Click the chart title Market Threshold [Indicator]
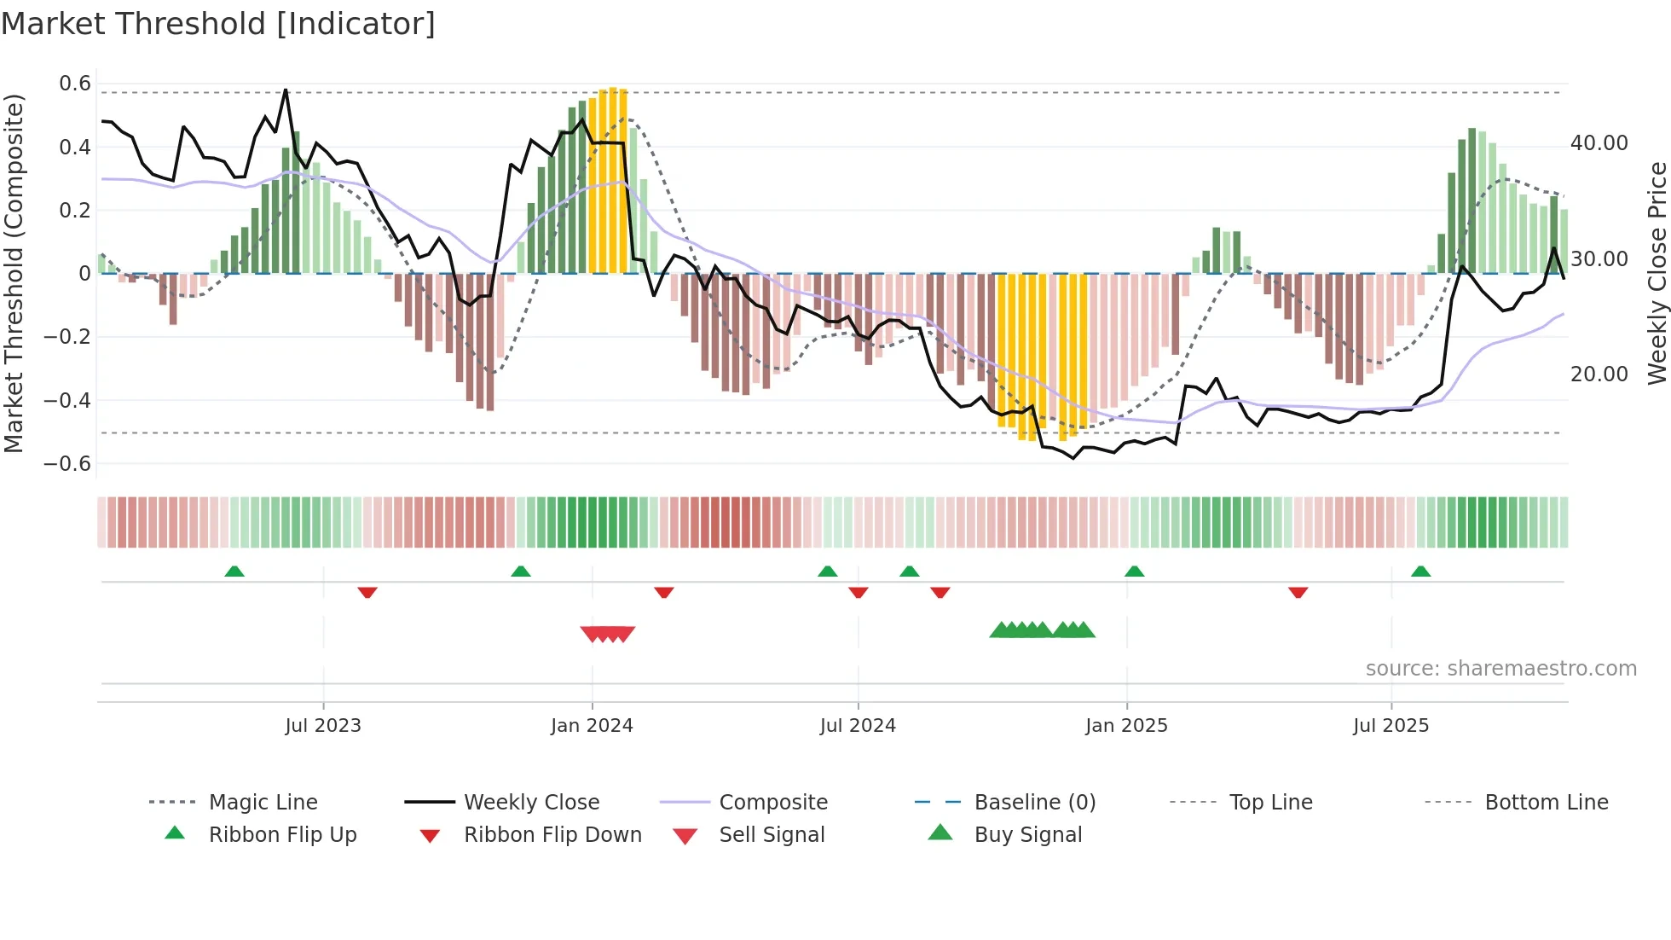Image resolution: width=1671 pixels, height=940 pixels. click(x=218, y=24)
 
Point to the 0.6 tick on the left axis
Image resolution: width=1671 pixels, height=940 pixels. click(x=75, y=84)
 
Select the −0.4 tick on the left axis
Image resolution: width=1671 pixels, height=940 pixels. click(x=67, y=400)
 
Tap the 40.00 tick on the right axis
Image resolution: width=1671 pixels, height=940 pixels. click(x=1599, y=143)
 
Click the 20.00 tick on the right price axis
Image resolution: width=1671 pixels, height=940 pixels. click(x=1599, y=374)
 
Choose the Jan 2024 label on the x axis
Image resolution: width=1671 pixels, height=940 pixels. click(x=592, y=726)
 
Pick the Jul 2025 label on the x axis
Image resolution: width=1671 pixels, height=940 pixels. click(x=1391, y=726)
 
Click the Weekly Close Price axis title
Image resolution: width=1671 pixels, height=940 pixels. click(x=1657, y=273)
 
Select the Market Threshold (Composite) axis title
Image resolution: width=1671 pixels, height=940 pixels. click(x=14, y=273)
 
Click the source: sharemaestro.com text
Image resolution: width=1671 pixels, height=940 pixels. click(x=1500, y=669)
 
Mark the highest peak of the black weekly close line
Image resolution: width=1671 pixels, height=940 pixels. click(x=286, y=90)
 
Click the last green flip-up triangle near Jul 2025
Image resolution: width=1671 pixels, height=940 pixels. click(x=1420, y=572)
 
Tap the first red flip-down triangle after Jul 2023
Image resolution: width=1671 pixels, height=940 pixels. click(x=367, y=592)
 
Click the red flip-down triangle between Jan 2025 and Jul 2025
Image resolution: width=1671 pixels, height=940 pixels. click(x=1298, y=592)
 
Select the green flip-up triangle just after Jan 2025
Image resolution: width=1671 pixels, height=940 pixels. click(x=1134, y=572)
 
